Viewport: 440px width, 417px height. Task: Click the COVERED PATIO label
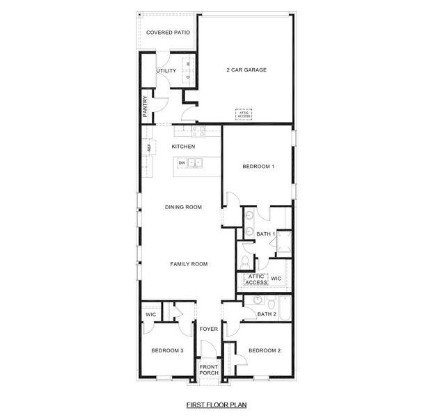click(x=168, y=33)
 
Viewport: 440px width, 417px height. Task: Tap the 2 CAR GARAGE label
click(x=246, y=69)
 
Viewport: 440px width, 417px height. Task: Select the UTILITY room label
click(x=166, y=71)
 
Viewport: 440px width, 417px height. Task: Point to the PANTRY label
click(x=146, y=106)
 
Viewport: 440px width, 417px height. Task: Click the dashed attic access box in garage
click(x=243, y=115)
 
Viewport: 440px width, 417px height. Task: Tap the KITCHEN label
click(x=183, y=147)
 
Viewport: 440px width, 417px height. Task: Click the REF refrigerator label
click(x=148, y=147)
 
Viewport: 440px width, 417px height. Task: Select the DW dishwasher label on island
click(x=182, y=163)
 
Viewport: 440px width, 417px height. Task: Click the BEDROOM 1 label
click(x=258, y=167)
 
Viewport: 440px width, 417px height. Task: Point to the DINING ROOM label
click(x=183, y=207)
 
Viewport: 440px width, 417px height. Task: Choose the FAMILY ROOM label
click(x=189, y=264)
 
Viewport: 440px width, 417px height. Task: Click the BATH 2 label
click(x=267, y=314)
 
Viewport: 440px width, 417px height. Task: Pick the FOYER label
click(x=209, y=329)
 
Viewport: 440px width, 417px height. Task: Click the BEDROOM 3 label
click(x=167, y=351)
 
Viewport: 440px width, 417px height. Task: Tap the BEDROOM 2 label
click(x=265, y=351)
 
